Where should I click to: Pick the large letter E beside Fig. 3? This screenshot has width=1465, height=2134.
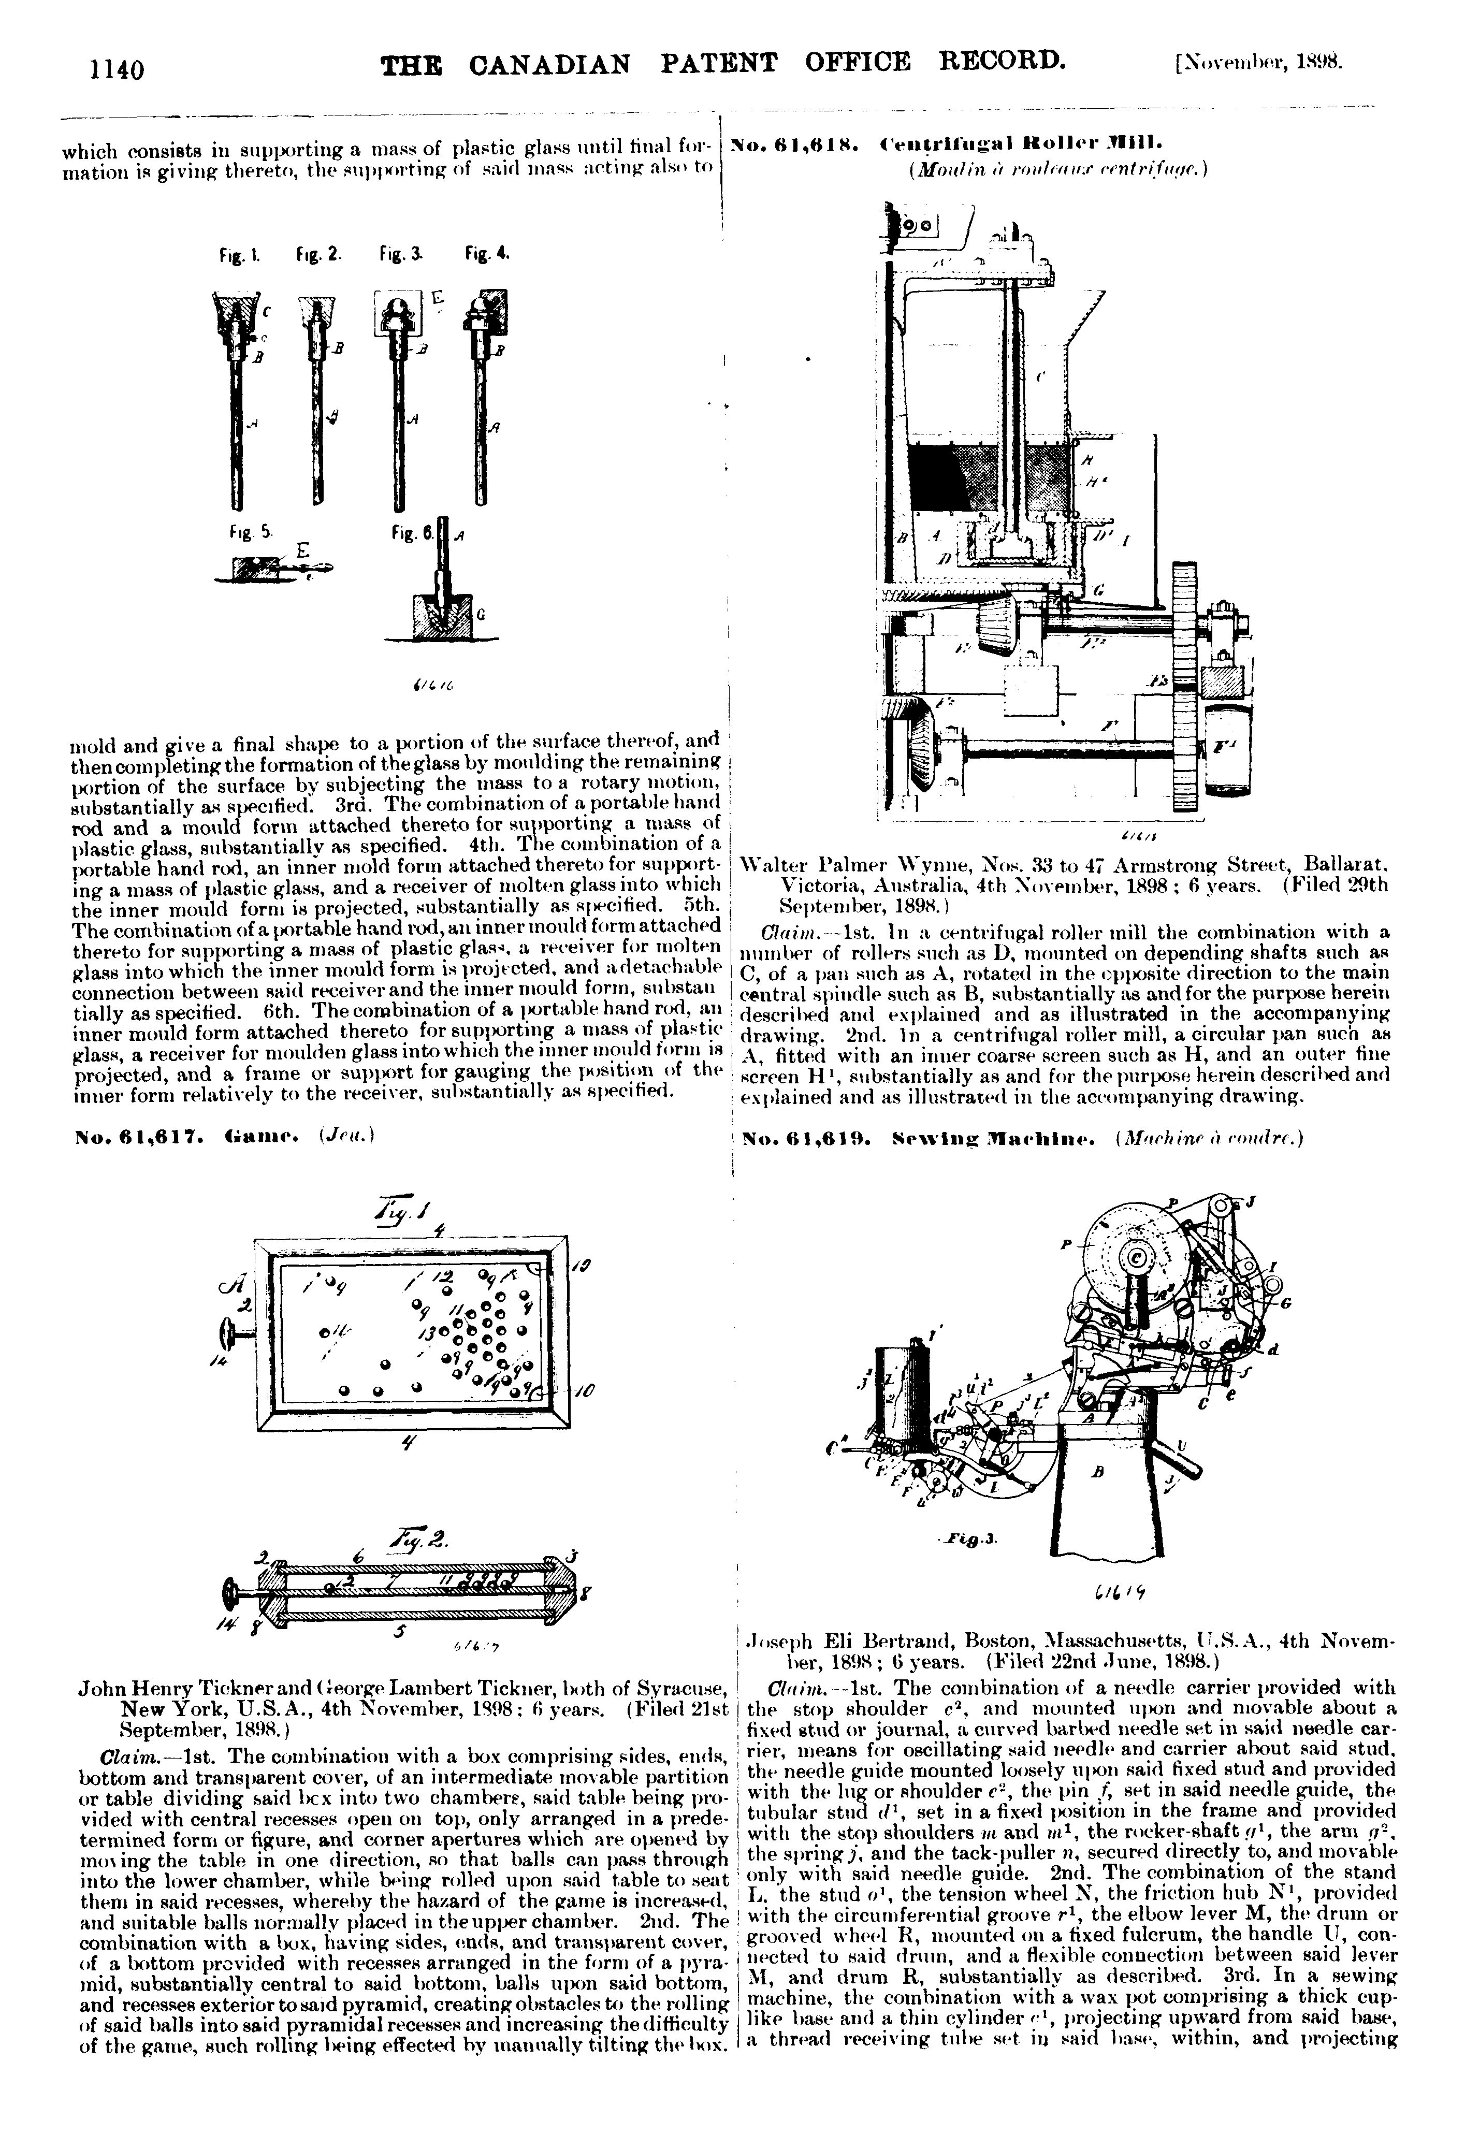(437, 298)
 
